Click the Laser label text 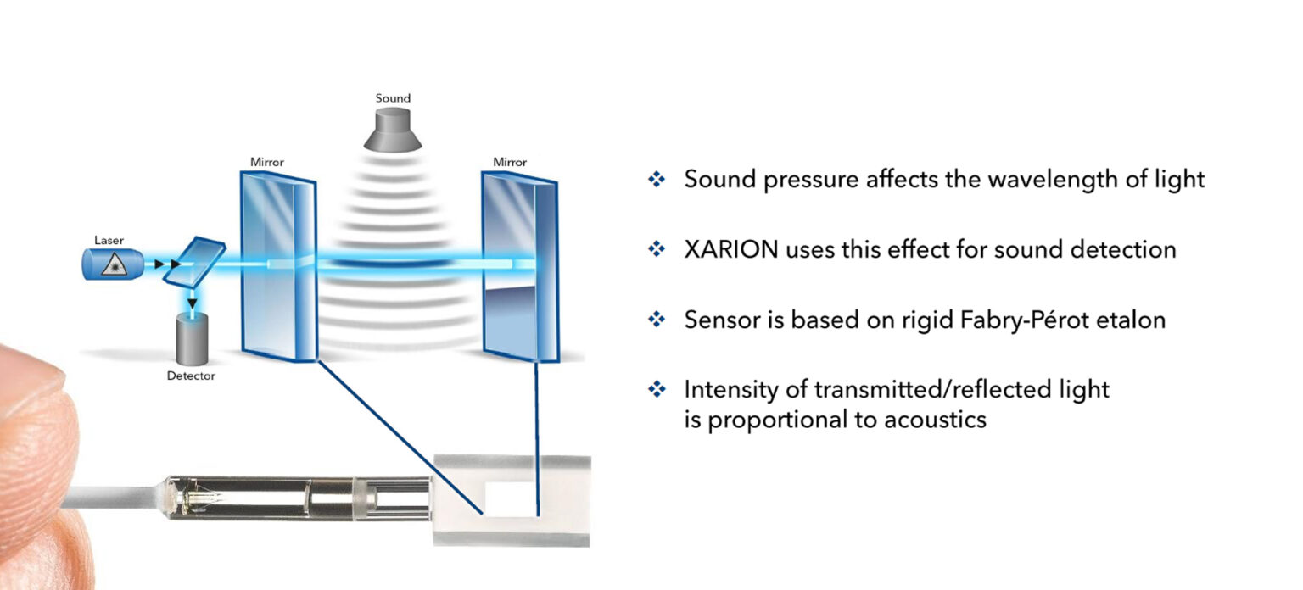point(109,241)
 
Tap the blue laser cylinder point(109,264)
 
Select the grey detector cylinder point(192,338)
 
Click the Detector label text point(191,375)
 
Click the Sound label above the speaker point(393,98)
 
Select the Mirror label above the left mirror point(267,161)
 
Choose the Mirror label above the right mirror point(510,161)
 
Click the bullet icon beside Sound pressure point(657,180)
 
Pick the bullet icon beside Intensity point(657,390)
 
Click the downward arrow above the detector point(193,303)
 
